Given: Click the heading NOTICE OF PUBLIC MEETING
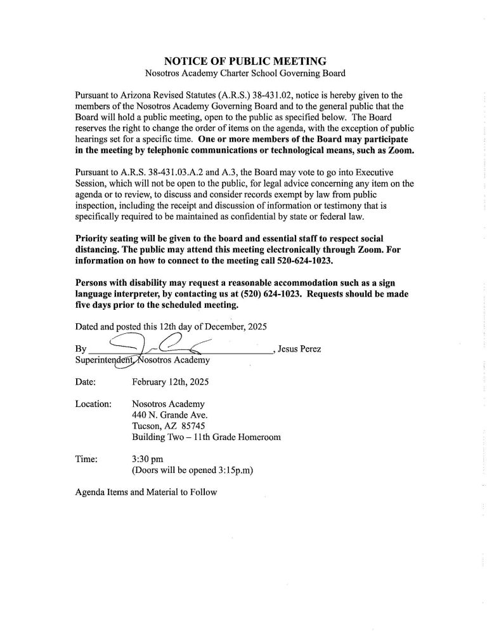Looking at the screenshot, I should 245,62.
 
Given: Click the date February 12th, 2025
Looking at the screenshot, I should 170,383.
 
